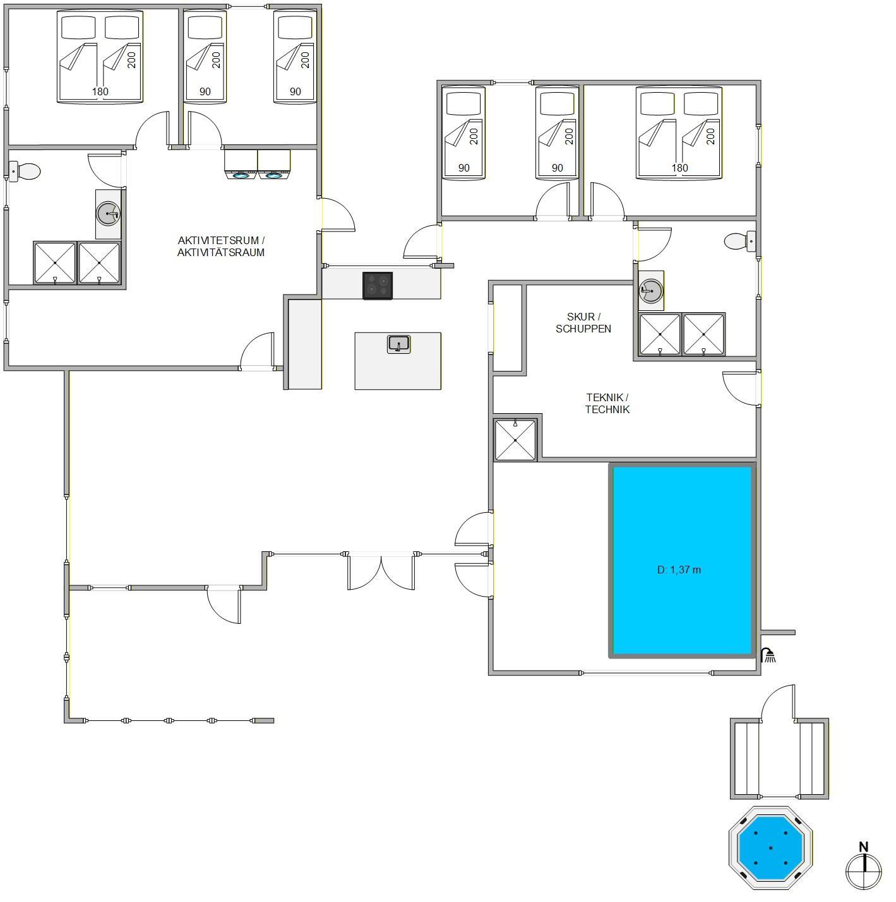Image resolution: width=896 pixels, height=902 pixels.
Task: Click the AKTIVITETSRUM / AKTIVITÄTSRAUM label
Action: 221,246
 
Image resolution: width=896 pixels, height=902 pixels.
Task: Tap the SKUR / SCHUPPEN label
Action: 583,322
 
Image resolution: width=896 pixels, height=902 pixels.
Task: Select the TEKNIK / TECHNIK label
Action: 607,403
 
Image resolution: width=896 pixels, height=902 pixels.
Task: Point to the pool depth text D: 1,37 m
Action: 679,570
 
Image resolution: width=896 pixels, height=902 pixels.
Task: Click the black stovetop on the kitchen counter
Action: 377,285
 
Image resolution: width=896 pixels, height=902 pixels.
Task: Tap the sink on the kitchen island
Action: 398,344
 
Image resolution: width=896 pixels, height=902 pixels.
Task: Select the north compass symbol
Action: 864,869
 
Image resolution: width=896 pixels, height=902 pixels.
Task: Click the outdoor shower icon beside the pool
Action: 768,655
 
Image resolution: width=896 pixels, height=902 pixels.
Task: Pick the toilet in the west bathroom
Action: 25,172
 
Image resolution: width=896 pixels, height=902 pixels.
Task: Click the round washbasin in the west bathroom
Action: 108,214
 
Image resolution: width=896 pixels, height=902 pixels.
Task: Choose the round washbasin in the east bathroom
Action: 651,291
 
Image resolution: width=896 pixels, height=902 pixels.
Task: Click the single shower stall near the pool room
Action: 515,440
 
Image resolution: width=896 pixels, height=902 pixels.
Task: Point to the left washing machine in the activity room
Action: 241,165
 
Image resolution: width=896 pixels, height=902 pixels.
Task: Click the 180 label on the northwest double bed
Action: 100,91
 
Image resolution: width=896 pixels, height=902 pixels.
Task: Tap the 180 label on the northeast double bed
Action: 679,168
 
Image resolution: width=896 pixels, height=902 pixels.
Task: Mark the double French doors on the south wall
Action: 381,571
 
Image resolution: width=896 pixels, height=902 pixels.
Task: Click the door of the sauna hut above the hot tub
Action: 778,703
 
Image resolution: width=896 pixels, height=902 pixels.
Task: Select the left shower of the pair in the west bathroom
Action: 55,262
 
